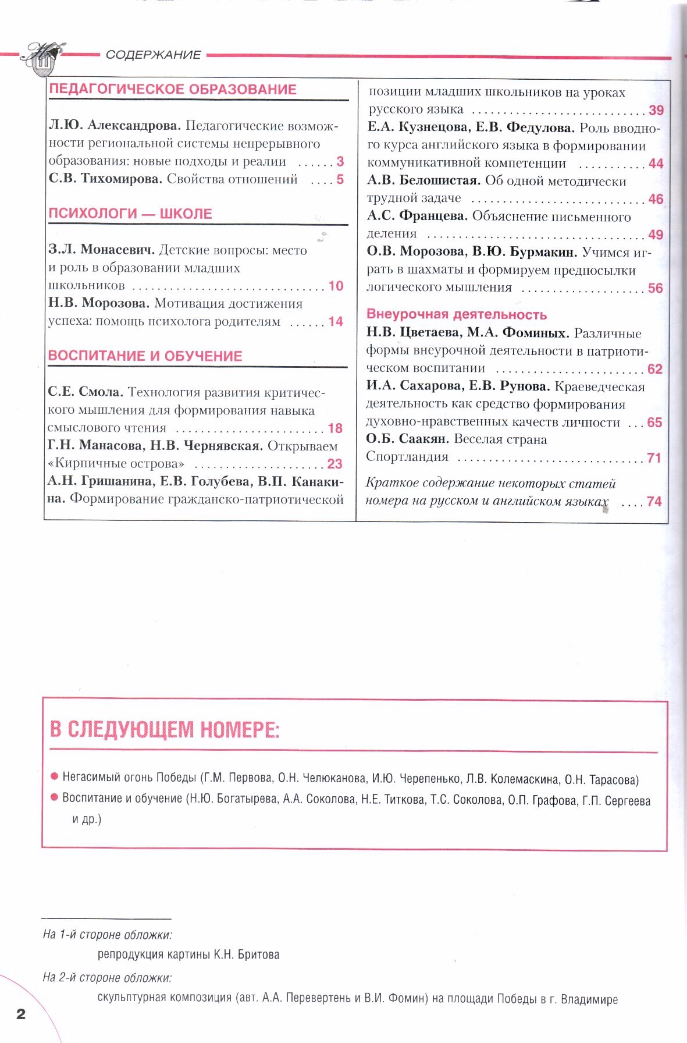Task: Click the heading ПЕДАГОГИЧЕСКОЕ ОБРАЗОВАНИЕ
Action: pos(173,90)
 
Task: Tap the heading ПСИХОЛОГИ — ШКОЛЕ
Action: pos(130,214)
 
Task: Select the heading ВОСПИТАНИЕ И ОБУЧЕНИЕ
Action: pos(145,356)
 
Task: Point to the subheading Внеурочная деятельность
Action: pos(457,315)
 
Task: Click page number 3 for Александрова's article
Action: pos(340,162)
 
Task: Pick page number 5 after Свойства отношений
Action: pos(340,180)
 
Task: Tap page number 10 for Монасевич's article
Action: pos(336,286)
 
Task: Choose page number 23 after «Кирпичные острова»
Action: pos(335,464)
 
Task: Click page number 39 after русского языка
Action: pos(656,111)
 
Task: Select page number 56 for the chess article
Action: pos(656,289)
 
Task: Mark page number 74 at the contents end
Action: pos(654,502)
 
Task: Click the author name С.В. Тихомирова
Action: pos(105,179)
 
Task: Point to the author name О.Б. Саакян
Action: pos(407,439)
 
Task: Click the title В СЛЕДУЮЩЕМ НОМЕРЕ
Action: pos(165,730)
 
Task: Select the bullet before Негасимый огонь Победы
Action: pos(55,777)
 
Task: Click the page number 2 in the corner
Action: pos(21,1014)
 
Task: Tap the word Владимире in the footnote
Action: pos(589,1000)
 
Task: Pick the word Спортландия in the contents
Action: pos(407,457)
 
